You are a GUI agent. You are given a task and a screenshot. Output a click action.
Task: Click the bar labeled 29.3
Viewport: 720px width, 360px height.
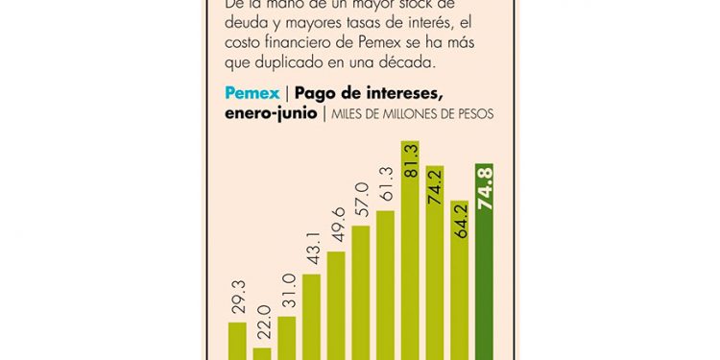click(x=237, y=341)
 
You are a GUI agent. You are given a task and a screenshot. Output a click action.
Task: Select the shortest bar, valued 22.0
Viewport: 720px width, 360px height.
click(x=262, y=352)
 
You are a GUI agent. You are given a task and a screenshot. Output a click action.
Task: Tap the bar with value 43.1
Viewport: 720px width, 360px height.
click(x=312, y=317)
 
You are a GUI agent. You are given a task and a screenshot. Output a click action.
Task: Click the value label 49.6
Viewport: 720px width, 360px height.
click(x=337, y=231)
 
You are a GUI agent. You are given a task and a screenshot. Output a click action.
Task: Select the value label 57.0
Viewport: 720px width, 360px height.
click(x=362, y=204)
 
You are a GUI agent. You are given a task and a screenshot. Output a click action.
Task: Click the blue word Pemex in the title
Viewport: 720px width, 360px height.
click(x=252, y=94)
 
